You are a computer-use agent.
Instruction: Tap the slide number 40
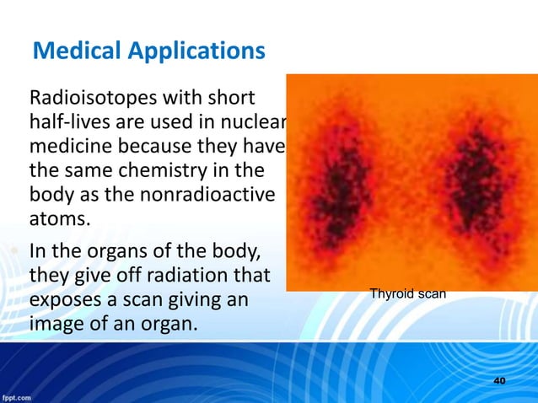(x=499, y=381)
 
